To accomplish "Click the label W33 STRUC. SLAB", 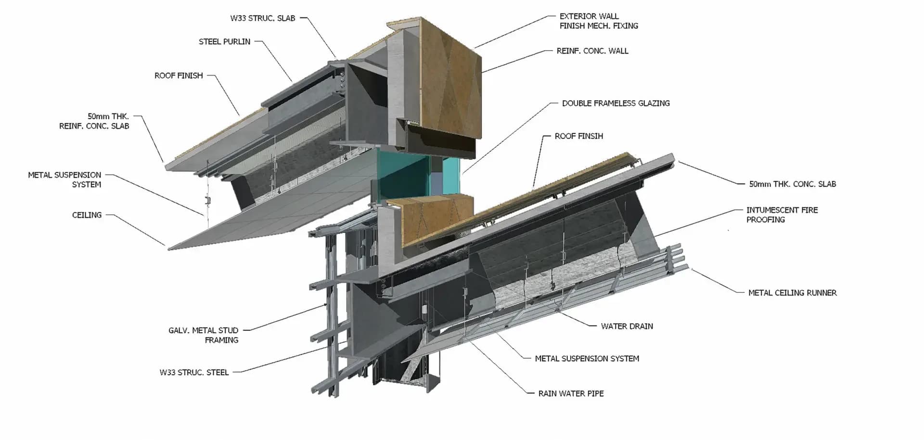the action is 262,18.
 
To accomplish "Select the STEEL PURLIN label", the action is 224,41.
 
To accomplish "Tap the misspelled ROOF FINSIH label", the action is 578,136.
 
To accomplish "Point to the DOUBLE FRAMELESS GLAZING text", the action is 616,103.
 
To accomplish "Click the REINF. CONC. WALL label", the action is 592,51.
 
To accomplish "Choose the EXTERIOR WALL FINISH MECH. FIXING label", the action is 598,21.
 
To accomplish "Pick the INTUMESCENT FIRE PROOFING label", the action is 782,215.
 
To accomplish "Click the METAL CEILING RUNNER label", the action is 792,293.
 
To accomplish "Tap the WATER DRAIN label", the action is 627,326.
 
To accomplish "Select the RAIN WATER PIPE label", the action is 571,393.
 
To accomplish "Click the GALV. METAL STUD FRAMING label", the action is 203,335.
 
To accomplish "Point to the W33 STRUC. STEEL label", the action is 194,372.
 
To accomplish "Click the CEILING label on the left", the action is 87,215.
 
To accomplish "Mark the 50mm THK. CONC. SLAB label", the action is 792,184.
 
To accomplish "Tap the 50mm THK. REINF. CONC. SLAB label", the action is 94,121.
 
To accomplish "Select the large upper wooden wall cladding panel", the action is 450,79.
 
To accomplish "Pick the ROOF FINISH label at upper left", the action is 179,76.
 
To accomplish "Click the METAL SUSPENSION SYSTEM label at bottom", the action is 587,359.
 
